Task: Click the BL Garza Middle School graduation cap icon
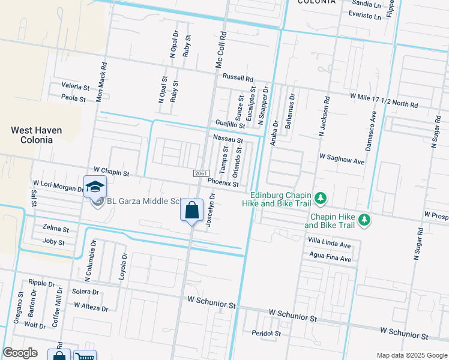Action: pyautogui.click(x=95, y=187)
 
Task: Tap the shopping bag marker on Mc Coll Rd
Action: pyautogui.click(x=191, y=211)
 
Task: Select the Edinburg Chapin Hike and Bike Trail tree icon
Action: pyautogui.click(x=321, y=197)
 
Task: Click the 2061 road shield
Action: pyautogui.click(x=200, y=173)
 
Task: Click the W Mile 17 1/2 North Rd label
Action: pyautogui.click(x=384, y=100)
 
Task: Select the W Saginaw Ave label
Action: pyautogui.click(x=342, y=161)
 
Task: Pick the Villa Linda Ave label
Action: pyautogui.click(x=329, y=245)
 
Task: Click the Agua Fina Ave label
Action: pyautogui.click(x=329, y=259)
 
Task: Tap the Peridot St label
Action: pyautogui.click(x=266, y=332)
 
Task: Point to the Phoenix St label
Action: pyautogui.click(x=223, y=182)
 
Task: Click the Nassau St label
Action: pyautogui.click(x=228, y=139)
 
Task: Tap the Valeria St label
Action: pyautogui.click(x=75, y=86)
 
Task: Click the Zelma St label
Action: pyautogui.click(x=56, y=229)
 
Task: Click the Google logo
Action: pyautogui.click(x=20, y=353)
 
